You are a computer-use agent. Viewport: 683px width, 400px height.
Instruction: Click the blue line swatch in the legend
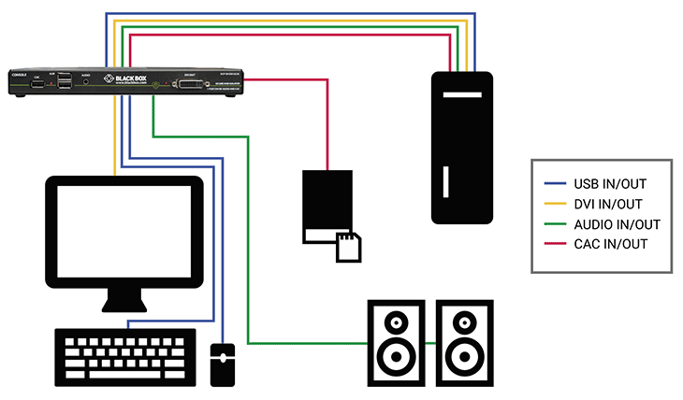pyautogui.click(x=555, y=184)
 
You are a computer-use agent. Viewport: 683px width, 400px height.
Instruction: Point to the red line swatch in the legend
pyautogui.click(x=555, y=244)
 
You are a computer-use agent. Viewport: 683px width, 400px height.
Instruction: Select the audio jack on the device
pyautogui.click(x=86, y=83)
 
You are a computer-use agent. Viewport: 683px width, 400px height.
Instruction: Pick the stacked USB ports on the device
pyautogui.click(x=64, y=83)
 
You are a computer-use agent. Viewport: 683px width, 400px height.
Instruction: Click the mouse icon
pyautogui.click(x=222, y=364)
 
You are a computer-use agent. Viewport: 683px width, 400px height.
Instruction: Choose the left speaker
pyautogui.click(x=396, y=342)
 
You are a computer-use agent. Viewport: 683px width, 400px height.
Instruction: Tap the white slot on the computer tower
pyautogui.click(x=444, y=179)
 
